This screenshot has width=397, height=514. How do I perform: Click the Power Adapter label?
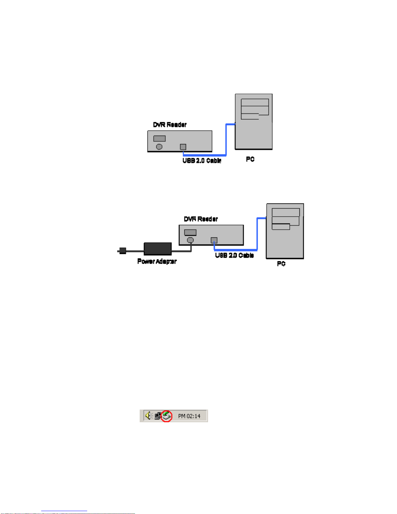(157, 261)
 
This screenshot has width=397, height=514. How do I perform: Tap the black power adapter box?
(158, 249)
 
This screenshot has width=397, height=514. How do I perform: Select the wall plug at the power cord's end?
(123, 251)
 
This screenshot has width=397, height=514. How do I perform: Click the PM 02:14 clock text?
(189, 416)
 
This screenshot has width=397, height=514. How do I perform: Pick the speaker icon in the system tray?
(149, 415)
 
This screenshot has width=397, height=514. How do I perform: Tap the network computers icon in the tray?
(158, 416)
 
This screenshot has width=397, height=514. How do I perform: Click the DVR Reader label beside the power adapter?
(201, 219)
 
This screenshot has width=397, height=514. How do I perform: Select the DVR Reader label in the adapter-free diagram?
(170, 125)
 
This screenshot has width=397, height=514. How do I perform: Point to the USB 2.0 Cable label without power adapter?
(202, 161)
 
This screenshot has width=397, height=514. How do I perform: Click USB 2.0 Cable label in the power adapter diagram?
(234, 256)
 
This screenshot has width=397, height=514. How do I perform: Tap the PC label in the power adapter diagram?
(281, 264)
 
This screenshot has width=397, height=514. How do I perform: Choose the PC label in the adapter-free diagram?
(250, 159)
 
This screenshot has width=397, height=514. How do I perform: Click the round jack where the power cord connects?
(191, 240)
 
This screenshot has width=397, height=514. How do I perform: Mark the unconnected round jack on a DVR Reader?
(159, 147)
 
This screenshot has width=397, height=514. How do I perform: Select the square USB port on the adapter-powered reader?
(214, 240)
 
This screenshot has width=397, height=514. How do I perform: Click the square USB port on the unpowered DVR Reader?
(183, 147)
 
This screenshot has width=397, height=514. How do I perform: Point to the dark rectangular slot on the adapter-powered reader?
(190, 233)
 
